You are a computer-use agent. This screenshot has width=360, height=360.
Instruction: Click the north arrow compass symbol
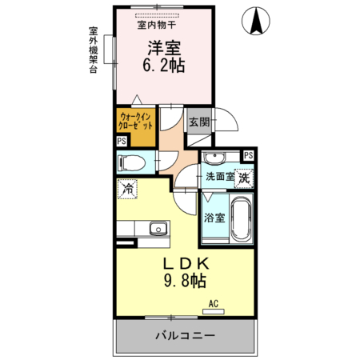coord(256,21)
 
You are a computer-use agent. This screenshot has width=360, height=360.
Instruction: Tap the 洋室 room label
coord(164,48)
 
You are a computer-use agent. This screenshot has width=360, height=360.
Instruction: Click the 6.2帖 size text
coord(164,66)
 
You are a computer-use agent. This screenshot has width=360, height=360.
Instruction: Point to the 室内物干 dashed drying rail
coord(157,16)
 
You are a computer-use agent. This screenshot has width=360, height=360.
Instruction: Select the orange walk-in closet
coord(136,127)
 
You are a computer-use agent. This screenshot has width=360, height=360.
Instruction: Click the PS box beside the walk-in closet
coord(122,141)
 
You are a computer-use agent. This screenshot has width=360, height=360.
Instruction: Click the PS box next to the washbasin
coord(249,155)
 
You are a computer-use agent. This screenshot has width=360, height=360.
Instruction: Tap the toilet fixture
coord(132,162)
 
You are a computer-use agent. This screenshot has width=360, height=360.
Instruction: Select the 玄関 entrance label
coord(199,122)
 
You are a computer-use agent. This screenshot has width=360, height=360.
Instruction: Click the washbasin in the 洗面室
coord(214,158)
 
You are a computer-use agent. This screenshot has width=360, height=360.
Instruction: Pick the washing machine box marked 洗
coord(244,178)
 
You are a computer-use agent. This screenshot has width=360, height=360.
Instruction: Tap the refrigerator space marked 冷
coord(127,189)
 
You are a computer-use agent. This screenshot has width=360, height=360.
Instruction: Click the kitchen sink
coord(158,229)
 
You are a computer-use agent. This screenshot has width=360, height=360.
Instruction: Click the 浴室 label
coord(214,218)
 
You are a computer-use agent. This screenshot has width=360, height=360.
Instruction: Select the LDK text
coord(186,264)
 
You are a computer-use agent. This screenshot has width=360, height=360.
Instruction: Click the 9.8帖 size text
coord(185,281)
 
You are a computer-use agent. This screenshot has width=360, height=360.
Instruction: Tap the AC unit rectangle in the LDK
coord(214,311)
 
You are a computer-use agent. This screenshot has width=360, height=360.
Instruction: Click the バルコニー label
coord(185,335)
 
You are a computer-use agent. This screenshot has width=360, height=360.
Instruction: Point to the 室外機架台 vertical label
coord(93,50)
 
